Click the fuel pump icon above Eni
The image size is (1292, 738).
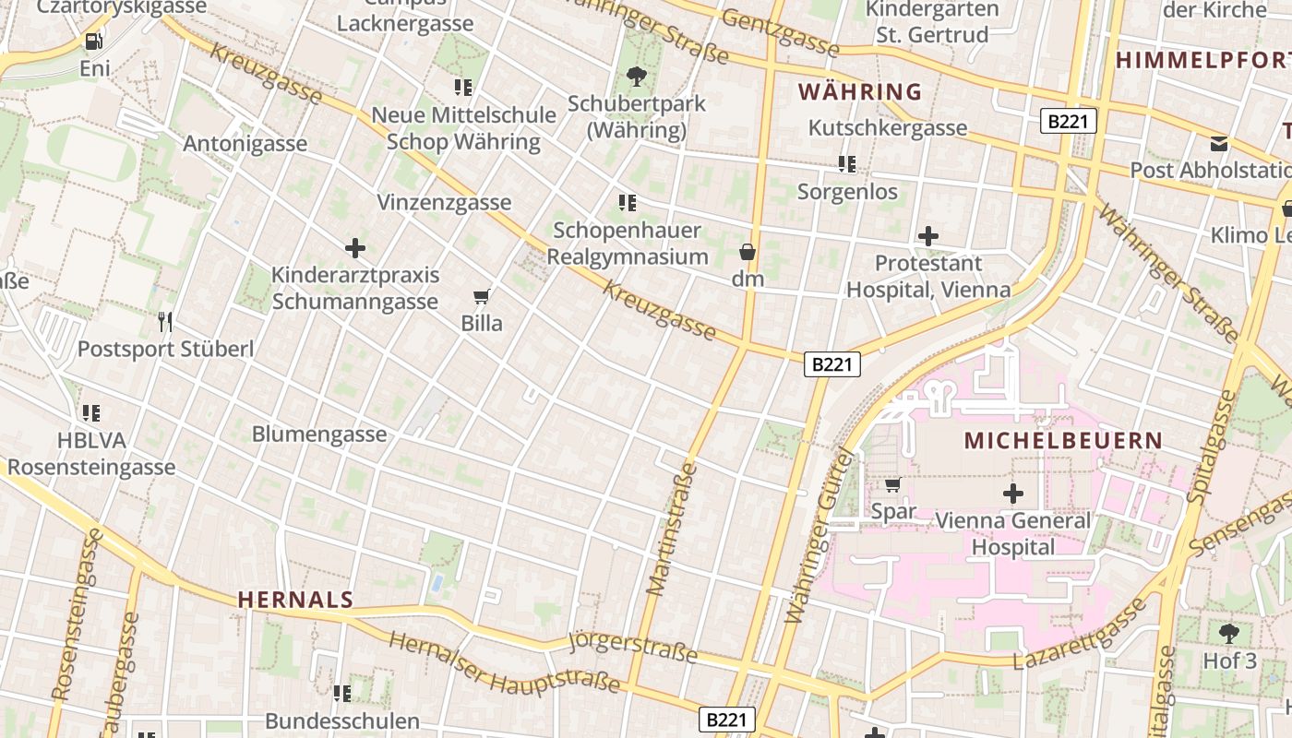(x=93, y=42)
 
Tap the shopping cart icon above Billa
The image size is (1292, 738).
(x=481, y=297)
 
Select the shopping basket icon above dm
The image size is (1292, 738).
(x=748, y=252)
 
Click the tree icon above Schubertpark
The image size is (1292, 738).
(x=636, y=77)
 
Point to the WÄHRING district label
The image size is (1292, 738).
(x=860, y=92)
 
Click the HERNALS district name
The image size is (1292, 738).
(x=295, y=600)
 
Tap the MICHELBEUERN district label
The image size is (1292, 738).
(x=1063, y=440)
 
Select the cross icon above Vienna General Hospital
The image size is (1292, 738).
(x=1013, y=494)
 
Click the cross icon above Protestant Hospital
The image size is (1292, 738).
(x=928, y=236)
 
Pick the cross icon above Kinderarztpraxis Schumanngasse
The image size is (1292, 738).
(x=355, y=248)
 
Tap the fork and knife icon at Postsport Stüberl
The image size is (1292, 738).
(x=165, y=322)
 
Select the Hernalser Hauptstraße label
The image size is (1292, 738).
(x=504, y=662)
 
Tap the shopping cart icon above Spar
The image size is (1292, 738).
(x=892, y=485)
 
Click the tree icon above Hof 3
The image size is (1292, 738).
(x=1229, y=634)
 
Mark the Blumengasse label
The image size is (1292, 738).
(x=319, y=434)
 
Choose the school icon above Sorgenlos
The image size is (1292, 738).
(x=847, y=165)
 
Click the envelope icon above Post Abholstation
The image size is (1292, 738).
(x=1220, y=144)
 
